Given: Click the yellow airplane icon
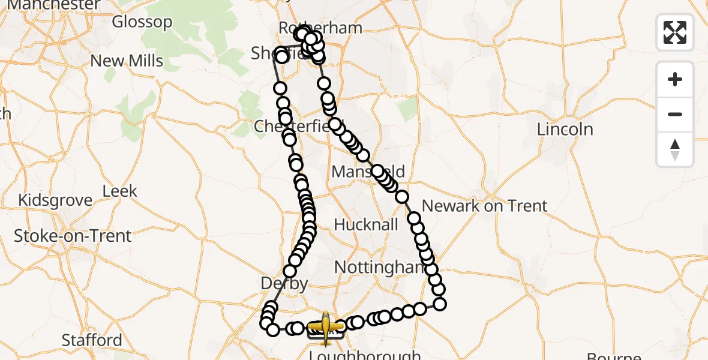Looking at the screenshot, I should pyautogui.click(x=325, y=327).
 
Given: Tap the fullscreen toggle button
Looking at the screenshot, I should pyautogui.click(x=675, y=32).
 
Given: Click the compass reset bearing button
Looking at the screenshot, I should pyautogui.click(x=675, y=149).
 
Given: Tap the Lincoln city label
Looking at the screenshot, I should pyautogui.click(x=565, y=129).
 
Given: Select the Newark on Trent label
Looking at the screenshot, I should pyautogui.click(x=484, y=206).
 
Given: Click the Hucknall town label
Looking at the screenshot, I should pyautogui.click(x=366, y=225).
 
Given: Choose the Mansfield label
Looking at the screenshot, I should pyautogui.click(x=367, y=172).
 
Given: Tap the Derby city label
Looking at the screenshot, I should pyautogui.click(x=285, y=283).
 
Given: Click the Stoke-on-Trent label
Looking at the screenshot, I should pyautogui.click(x=73, y=236).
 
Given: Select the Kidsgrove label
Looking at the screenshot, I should pyautogui.click(x=56, y=200).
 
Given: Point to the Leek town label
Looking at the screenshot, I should pyautogui.click(x=120, y=191).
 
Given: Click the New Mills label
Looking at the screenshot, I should pyautogui.click(x=127, y=61).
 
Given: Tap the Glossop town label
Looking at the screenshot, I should pyautogui.click(x=142, y=22).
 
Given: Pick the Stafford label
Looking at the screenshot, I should pyautogui.click(x=92, y=340).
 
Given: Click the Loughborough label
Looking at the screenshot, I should pyautogui.click(x=365, y=355).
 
